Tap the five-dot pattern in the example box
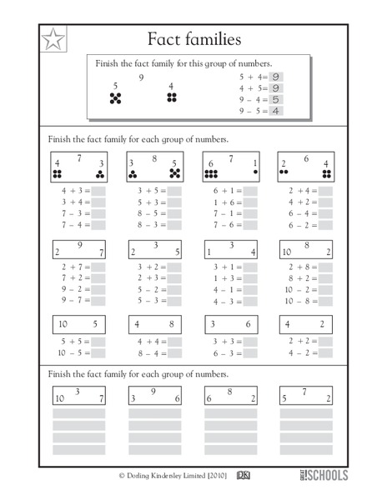tap(116, 98)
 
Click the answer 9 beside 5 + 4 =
tap(274, 76)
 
